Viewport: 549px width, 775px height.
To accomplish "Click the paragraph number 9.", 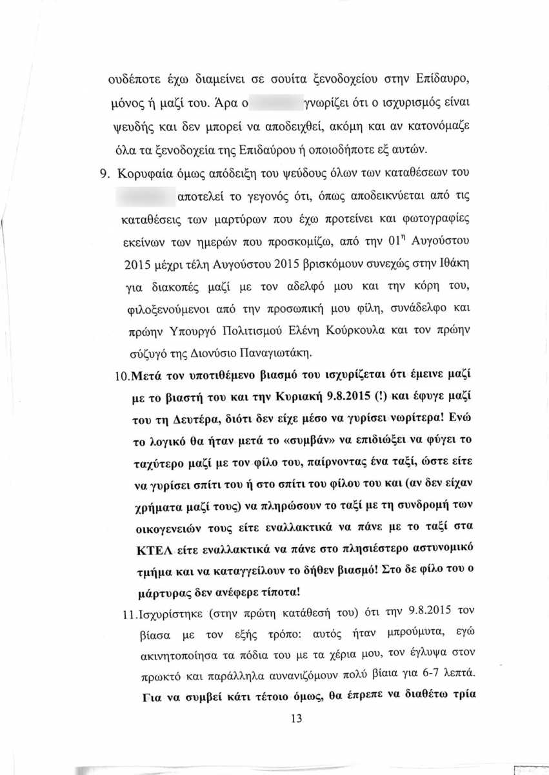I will (108, 172).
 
